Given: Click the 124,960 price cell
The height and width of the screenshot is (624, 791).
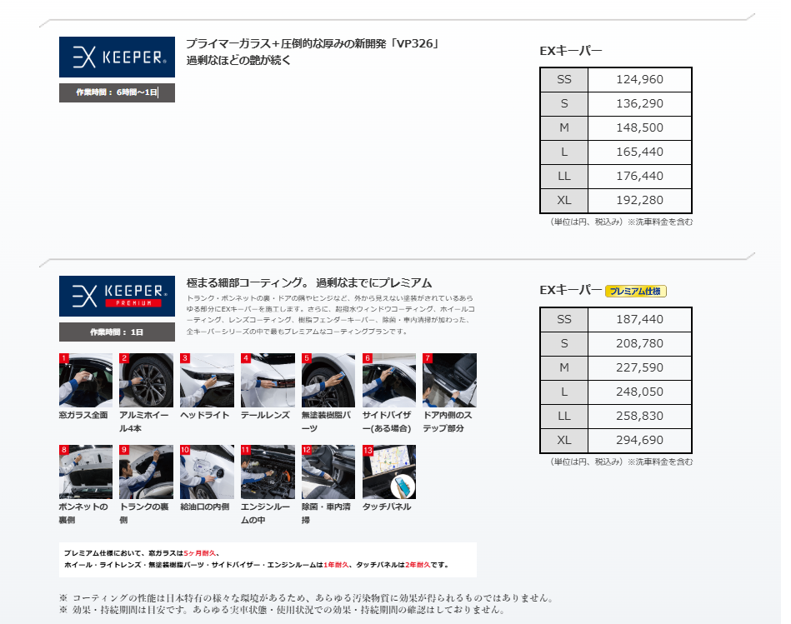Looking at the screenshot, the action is click(639, 80).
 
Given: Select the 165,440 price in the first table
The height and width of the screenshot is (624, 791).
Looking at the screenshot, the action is click(639, 152).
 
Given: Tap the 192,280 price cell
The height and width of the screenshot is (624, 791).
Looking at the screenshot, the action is click(639, 201).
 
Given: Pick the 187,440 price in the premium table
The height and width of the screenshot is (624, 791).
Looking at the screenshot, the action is click(639, 320).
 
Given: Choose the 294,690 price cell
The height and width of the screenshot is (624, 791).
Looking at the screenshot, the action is click(639, 441).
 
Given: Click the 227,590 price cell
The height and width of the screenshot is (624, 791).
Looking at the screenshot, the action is click(639, 368).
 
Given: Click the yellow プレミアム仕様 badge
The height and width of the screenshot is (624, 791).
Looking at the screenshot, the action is click(636, 292).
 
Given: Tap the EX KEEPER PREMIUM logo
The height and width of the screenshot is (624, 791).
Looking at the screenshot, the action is click(117, 296).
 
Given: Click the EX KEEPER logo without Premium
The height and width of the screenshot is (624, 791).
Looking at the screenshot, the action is click(117, 57).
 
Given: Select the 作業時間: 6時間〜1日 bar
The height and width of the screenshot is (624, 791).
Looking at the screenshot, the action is click(117, 92).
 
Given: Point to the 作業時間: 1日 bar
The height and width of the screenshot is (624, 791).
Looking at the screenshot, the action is click(117, 332).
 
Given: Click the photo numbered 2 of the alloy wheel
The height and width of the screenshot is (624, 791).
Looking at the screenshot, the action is click(147, 380).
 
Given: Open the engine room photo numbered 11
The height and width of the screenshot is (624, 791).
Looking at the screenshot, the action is click(268, 472).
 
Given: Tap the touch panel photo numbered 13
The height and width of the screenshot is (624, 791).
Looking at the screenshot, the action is click(389, 472).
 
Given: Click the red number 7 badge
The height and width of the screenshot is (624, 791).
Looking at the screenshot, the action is click(428, 358).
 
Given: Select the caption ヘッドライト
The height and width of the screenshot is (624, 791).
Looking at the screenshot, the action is click(205, 416).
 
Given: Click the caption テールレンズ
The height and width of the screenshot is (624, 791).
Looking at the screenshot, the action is click(265, 416).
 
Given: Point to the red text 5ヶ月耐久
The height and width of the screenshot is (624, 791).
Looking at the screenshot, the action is click(200, 553).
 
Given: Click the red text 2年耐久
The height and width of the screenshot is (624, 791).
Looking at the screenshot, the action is click(418, 565).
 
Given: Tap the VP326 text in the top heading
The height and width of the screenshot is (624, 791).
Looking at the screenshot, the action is click(414, 44).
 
